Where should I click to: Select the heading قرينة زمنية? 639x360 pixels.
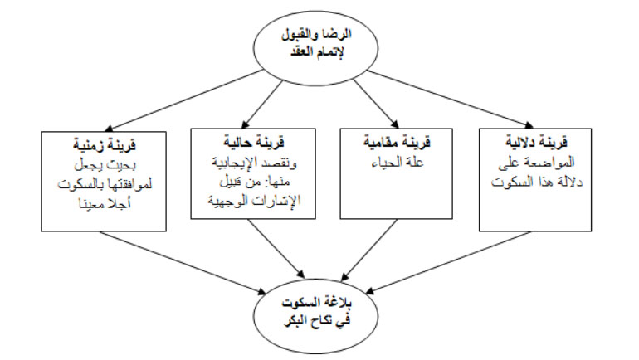pyautogui.click(x=105, y=144)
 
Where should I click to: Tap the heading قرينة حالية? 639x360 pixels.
pyautogui.click(x=253, y=142)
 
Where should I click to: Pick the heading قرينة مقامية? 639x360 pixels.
pyautogui.click(x=397, y=142)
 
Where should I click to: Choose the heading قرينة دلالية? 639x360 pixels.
pyautogui.click(x=536, y=142)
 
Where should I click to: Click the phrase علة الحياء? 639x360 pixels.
pyautogui.click(x=398, y=162)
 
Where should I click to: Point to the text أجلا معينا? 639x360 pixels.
pyautogui.click(x=105, y=202)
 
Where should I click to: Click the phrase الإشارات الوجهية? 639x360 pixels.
pyautogui.click(x=254, y=201)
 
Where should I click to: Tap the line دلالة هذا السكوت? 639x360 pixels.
pyautogui.click(x=537, y=182)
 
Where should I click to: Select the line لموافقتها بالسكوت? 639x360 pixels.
pyautogui.click(x=105, y=184)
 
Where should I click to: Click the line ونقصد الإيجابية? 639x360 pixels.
pyautogui.click(x=254, y=163)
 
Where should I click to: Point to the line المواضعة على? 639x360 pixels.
pyautogui.click(x=536, y=163)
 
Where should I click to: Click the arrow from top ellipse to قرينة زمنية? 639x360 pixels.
pyautogui.click(x=186, y=100)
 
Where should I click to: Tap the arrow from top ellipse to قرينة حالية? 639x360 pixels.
pyautogui.click(x=262, y=105)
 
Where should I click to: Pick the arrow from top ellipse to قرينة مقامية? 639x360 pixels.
pyautogui.click(x=376, y=104)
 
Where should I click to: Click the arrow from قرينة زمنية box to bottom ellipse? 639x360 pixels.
pyautogui.click(x=183, y=263)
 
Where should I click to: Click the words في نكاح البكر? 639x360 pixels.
pyautogui.click(x=317, y=321)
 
